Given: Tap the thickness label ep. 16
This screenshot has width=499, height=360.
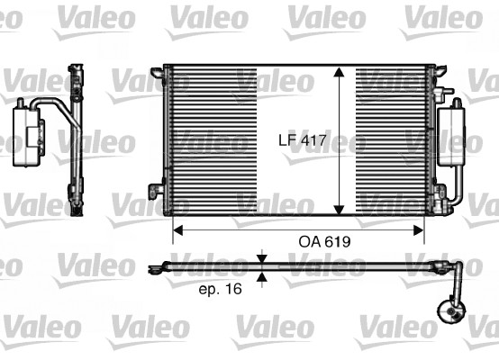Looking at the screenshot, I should (x=219, y=289).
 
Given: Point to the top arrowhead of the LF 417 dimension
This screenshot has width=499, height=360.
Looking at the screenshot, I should (x=339, y=73).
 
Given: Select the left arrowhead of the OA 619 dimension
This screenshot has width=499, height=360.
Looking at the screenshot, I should (x=177, y=230).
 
